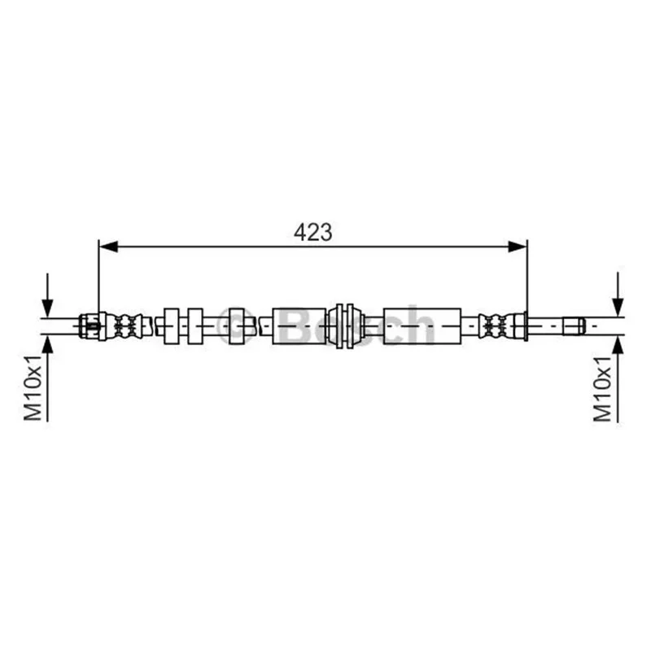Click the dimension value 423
(313, 232)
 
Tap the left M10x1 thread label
(33, 388)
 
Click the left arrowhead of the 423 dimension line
(109, 247)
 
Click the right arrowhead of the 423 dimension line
(518, 247)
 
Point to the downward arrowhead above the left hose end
(48, 308)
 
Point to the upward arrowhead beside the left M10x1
(48, 344)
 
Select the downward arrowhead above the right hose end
(618, 308)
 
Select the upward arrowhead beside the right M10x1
(618, 345)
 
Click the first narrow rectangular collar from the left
(171, 326)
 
